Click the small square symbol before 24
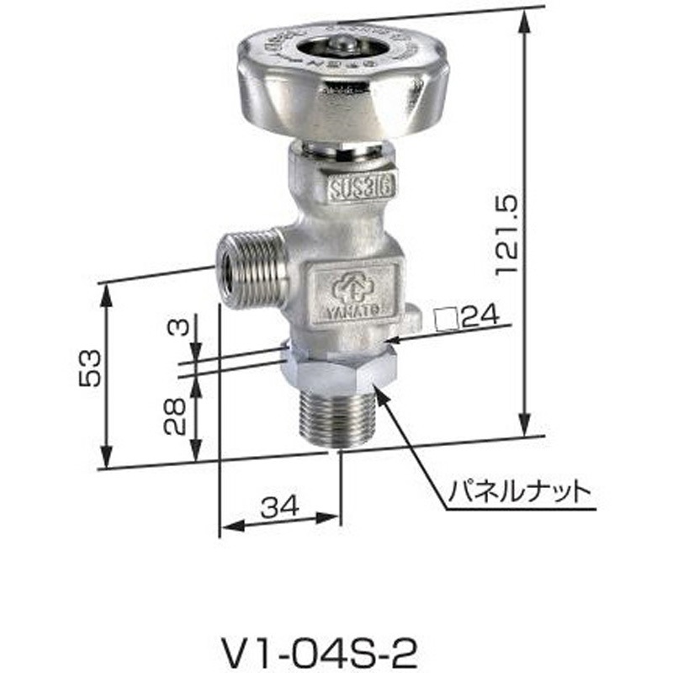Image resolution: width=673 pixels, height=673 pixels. (x=444, y=318)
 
